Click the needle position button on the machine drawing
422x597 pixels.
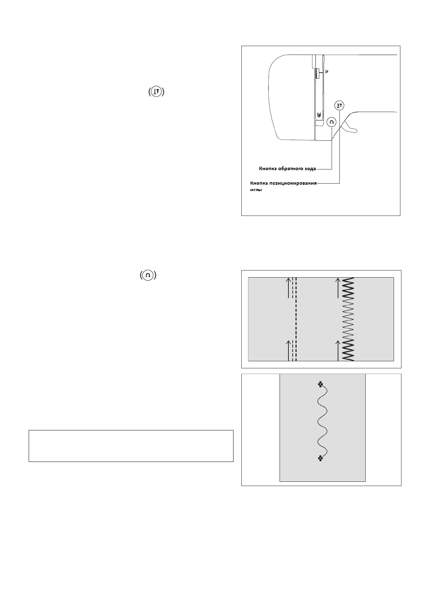point(339,105)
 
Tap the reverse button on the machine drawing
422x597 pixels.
point(331,122)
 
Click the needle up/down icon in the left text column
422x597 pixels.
point(156,92)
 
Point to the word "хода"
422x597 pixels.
point(310,169)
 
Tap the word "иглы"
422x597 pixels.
point(256,190)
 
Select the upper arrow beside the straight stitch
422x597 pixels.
point(289,288)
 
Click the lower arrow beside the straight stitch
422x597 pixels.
point(289,351)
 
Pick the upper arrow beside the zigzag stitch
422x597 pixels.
point(338,288)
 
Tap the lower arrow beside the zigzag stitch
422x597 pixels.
point(338,351)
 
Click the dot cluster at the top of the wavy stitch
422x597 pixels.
point(320,384)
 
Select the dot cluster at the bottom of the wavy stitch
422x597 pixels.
point(320,458)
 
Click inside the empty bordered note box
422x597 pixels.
point(131,446)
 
